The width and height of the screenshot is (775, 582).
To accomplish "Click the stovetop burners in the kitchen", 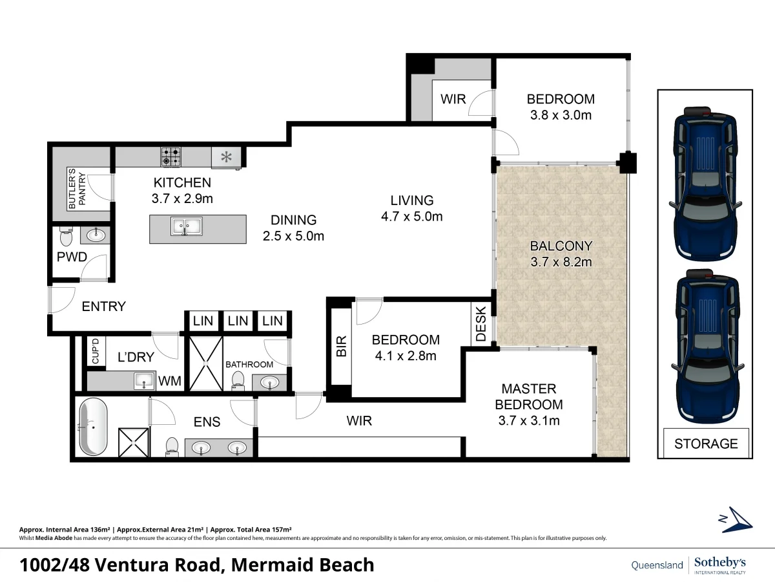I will [x=171, y=157].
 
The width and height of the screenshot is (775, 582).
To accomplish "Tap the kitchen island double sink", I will [x=186, y=226].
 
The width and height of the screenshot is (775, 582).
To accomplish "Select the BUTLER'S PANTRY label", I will [x=77, y=188].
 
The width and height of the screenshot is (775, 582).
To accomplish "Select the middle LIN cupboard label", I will [x=238, y=321].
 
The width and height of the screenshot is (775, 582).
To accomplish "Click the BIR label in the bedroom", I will [x=342, y=346].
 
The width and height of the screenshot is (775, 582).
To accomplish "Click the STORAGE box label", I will [x=706, y=444].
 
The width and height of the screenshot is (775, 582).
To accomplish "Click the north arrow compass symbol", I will [x=737, y=519].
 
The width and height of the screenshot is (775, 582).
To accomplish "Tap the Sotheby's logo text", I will [x=720, y=563].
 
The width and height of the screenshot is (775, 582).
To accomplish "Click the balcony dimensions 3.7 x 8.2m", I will [x=561, y=262].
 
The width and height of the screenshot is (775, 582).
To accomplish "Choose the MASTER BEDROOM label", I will [x=528, y=396].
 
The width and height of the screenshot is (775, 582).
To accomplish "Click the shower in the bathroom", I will [x=205, y=363].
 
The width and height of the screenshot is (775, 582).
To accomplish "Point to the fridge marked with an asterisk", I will [x=227, y=157].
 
